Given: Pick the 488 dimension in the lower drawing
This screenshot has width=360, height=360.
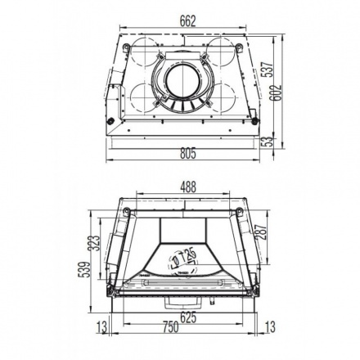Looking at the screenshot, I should (x=187, y=187).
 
